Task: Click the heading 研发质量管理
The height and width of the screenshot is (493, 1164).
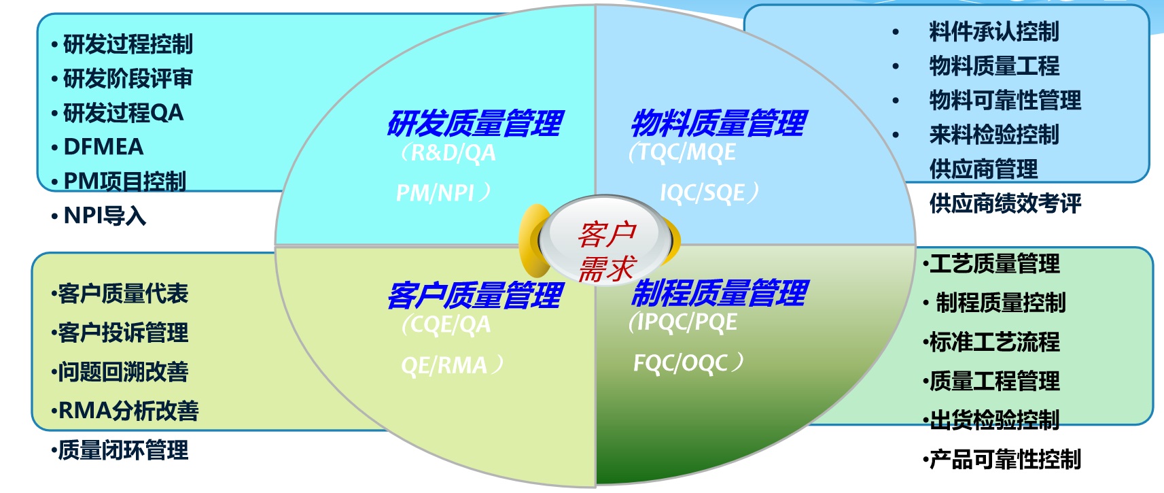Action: point(475,123)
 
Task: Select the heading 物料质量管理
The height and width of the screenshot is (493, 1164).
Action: point(719,123)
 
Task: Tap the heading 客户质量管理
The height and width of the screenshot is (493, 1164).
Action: point(475,295)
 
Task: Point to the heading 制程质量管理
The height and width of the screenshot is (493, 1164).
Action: point(720,293)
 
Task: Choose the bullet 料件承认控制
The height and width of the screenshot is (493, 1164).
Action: point(993,32)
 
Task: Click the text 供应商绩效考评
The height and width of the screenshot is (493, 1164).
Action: point(1005,203)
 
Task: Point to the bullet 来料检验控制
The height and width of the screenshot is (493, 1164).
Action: point(993,135)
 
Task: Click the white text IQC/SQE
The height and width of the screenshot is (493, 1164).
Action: point(708,192)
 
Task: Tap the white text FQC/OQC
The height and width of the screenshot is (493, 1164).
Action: point(687,362)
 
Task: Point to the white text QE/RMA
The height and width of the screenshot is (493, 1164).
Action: point(451,365)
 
